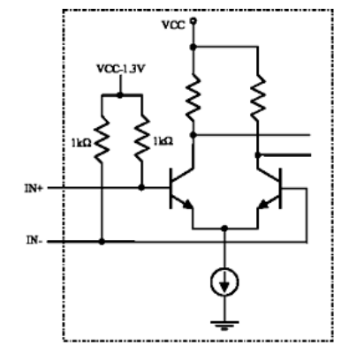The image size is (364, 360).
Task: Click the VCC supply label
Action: [x=174, y=25]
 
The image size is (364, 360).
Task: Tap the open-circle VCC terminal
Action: [x=193, y=21]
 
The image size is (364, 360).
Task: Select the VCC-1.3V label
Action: [x=121, y=69]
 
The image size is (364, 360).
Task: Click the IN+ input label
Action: [x=34, y=188]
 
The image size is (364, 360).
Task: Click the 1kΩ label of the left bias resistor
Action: [x=81, y=143]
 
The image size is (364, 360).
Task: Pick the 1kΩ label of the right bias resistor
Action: [x=163, y=141]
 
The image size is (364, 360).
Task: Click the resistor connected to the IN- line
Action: [x=102, y=139]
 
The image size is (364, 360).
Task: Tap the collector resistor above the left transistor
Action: [x=193, y=98]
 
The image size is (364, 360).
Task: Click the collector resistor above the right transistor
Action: [x=258, y=98]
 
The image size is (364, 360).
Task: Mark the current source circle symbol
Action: [x=224, y=281]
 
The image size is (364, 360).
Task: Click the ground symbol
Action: [x=224, y=326]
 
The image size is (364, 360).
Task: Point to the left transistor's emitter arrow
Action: [x=187, y=204]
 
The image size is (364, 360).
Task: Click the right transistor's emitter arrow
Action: [x=263, y=204]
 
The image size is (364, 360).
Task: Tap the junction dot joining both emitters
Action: [x=224, y=229]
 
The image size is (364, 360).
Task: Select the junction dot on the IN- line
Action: [x=102, y=242]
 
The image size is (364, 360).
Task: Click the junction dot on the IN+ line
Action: [x=141, y=187]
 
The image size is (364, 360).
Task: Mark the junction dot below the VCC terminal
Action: [x=193, y=47]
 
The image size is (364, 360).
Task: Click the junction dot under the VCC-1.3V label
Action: [x=120, y=95]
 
